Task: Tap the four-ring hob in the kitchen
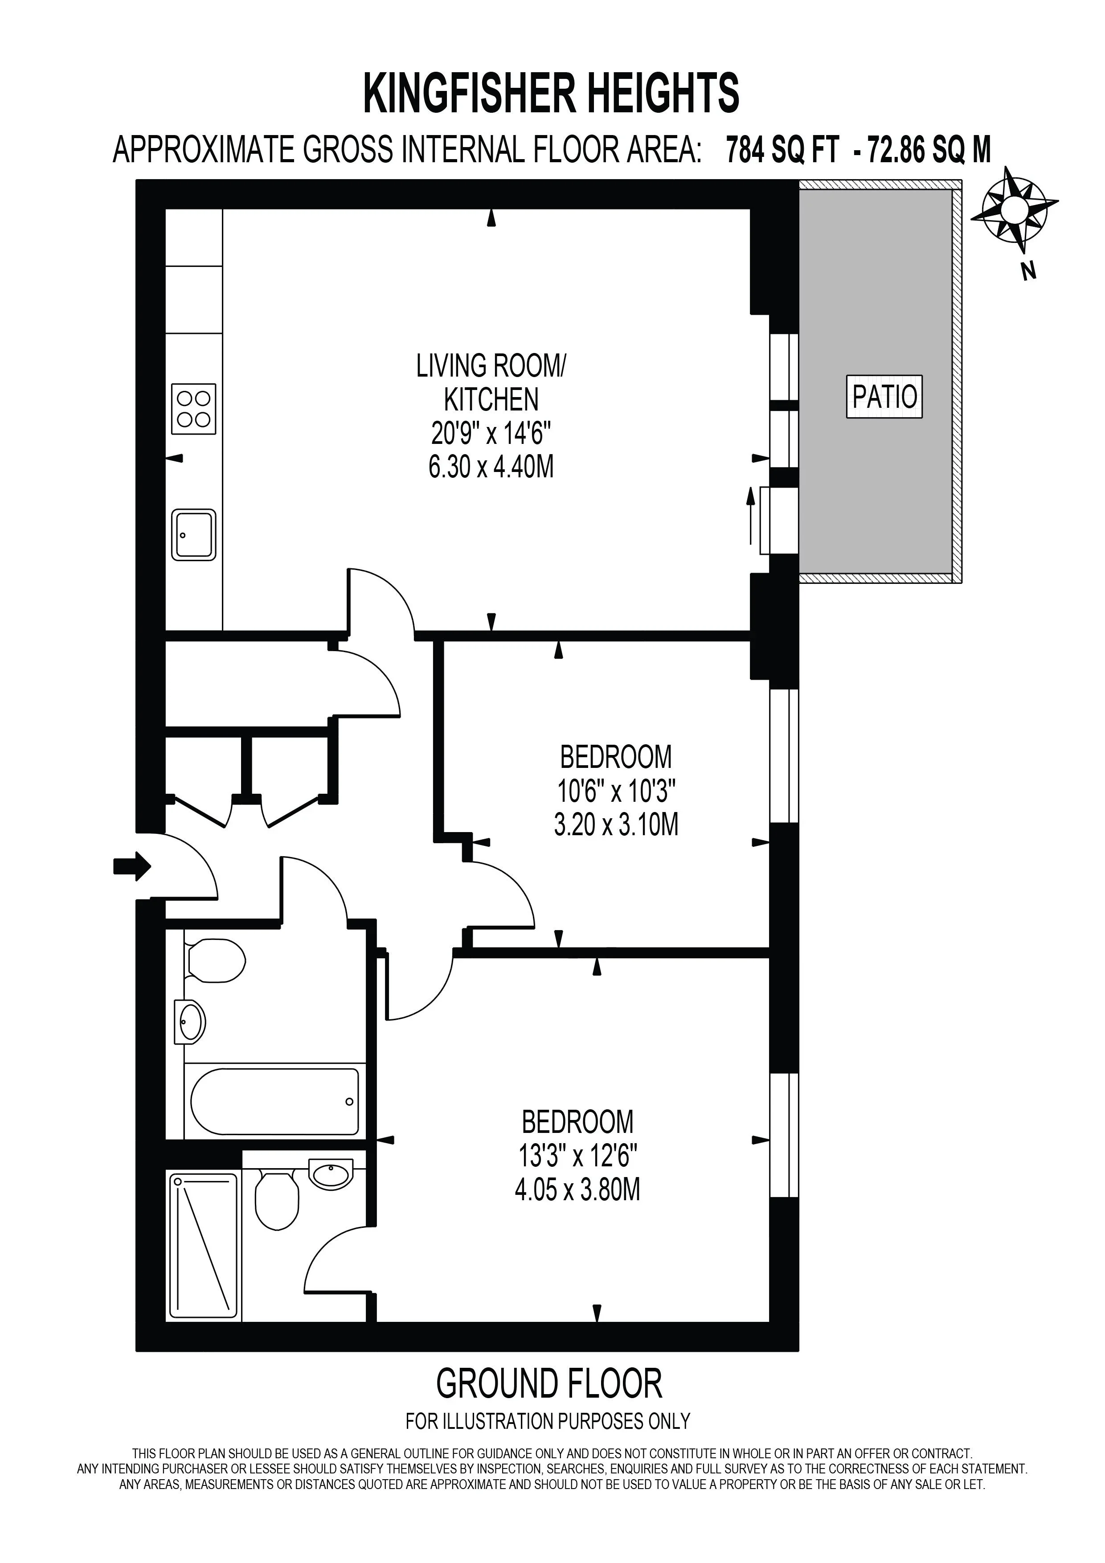(x=194, y=409)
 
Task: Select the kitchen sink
(x=194, y=535)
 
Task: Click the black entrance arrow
(x=132, y=866)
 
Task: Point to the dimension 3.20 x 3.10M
(x=617, y=825)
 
